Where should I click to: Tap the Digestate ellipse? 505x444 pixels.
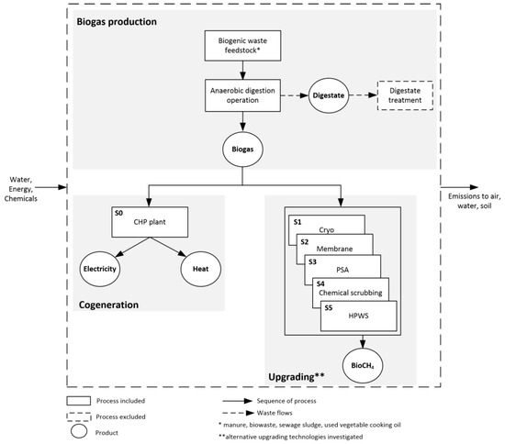coord(333,97)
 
